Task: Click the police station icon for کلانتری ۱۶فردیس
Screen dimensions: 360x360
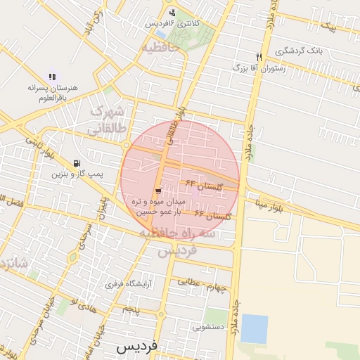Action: tap(173, 13)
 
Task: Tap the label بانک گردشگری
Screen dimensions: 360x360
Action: tap(299, 51)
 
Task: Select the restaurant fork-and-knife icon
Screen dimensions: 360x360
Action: tap(259, 57)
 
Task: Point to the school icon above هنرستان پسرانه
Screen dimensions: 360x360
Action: tap(51, 77)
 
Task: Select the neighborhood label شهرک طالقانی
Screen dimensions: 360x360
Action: tap(108, 121)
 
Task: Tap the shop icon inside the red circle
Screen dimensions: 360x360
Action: tap(158, 191)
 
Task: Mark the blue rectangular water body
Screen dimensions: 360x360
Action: tap(254, 329)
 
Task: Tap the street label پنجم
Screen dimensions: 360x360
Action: tap(131, 309)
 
